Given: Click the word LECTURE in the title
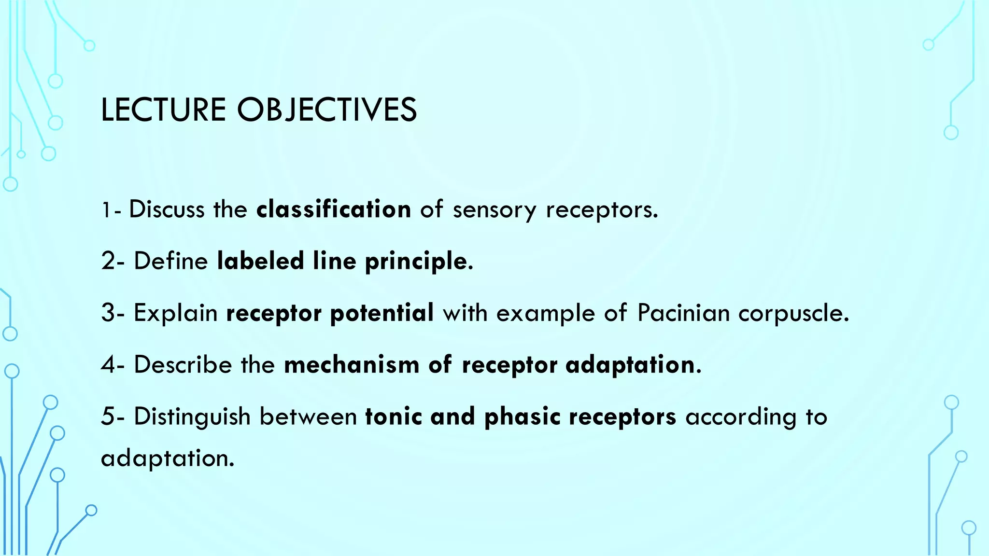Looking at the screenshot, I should pos(163,110).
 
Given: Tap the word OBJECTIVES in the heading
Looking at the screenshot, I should pos(326,110).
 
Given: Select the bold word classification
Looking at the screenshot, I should pos(334,209).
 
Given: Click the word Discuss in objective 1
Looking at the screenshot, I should pos(167,209).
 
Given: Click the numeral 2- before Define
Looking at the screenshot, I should pos(113,261).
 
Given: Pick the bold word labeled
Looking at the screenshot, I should pos(260,261).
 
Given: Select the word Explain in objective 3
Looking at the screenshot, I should pos(176,313).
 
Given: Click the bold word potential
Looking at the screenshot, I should pos(382,313).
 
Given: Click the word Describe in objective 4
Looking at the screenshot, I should pos(183,365).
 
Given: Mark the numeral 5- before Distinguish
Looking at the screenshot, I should pos(113,417).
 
